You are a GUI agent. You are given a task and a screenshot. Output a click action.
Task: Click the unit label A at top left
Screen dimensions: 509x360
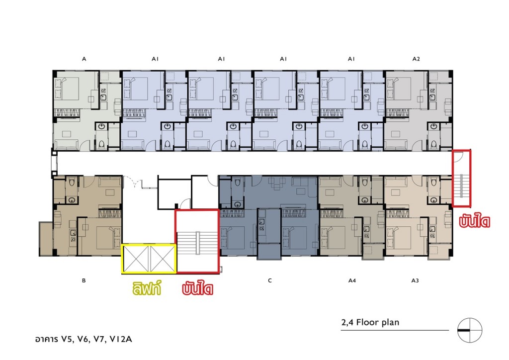pyautogui.click(x=84, y=59)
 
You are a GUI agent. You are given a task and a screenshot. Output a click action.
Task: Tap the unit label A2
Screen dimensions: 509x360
pyautogui.click(x=416, y=59)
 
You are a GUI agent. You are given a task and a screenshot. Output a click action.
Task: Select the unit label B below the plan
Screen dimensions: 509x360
pyautogui.click(x=84, y=280)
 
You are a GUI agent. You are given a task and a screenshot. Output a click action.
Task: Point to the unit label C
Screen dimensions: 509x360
pyautogui.click(x=270, y=280)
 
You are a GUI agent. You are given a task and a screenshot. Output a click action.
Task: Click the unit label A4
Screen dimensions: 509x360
pyautogui.click(x=352, y=280)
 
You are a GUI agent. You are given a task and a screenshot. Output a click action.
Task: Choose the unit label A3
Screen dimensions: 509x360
pyautogui.click(x=415, y=280)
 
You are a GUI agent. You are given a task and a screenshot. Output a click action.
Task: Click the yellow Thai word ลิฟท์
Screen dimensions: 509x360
pyautogui.click(x=147, y=288)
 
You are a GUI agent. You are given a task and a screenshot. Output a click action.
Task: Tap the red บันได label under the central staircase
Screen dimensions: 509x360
pyautogui.click(x=197, y=288)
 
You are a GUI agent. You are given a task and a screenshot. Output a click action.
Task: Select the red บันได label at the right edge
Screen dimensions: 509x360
pyautogui.click(x=474, y=221)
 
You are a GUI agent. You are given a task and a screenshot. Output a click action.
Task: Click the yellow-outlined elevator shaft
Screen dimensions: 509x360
pyautogui.click(x=149, y=259)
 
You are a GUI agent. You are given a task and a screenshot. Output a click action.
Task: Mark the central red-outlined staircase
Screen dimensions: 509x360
pyautogui.click(x=197, y=241)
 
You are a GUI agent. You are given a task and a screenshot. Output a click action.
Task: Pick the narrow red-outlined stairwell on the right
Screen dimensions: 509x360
pyautogui.click(x=462, y=178)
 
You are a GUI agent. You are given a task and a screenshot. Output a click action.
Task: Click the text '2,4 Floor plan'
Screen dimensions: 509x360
pyautogui.click(x=370, y=322)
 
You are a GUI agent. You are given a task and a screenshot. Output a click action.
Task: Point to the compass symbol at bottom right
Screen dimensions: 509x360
pyautogui.click(x=469, y=330)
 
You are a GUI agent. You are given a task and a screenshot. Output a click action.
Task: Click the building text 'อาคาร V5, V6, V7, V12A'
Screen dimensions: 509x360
pyautogui.click(x=84, y=339)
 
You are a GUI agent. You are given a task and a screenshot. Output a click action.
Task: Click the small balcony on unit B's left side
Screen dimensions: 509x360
pyautogui.click(x=46, y=239)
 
